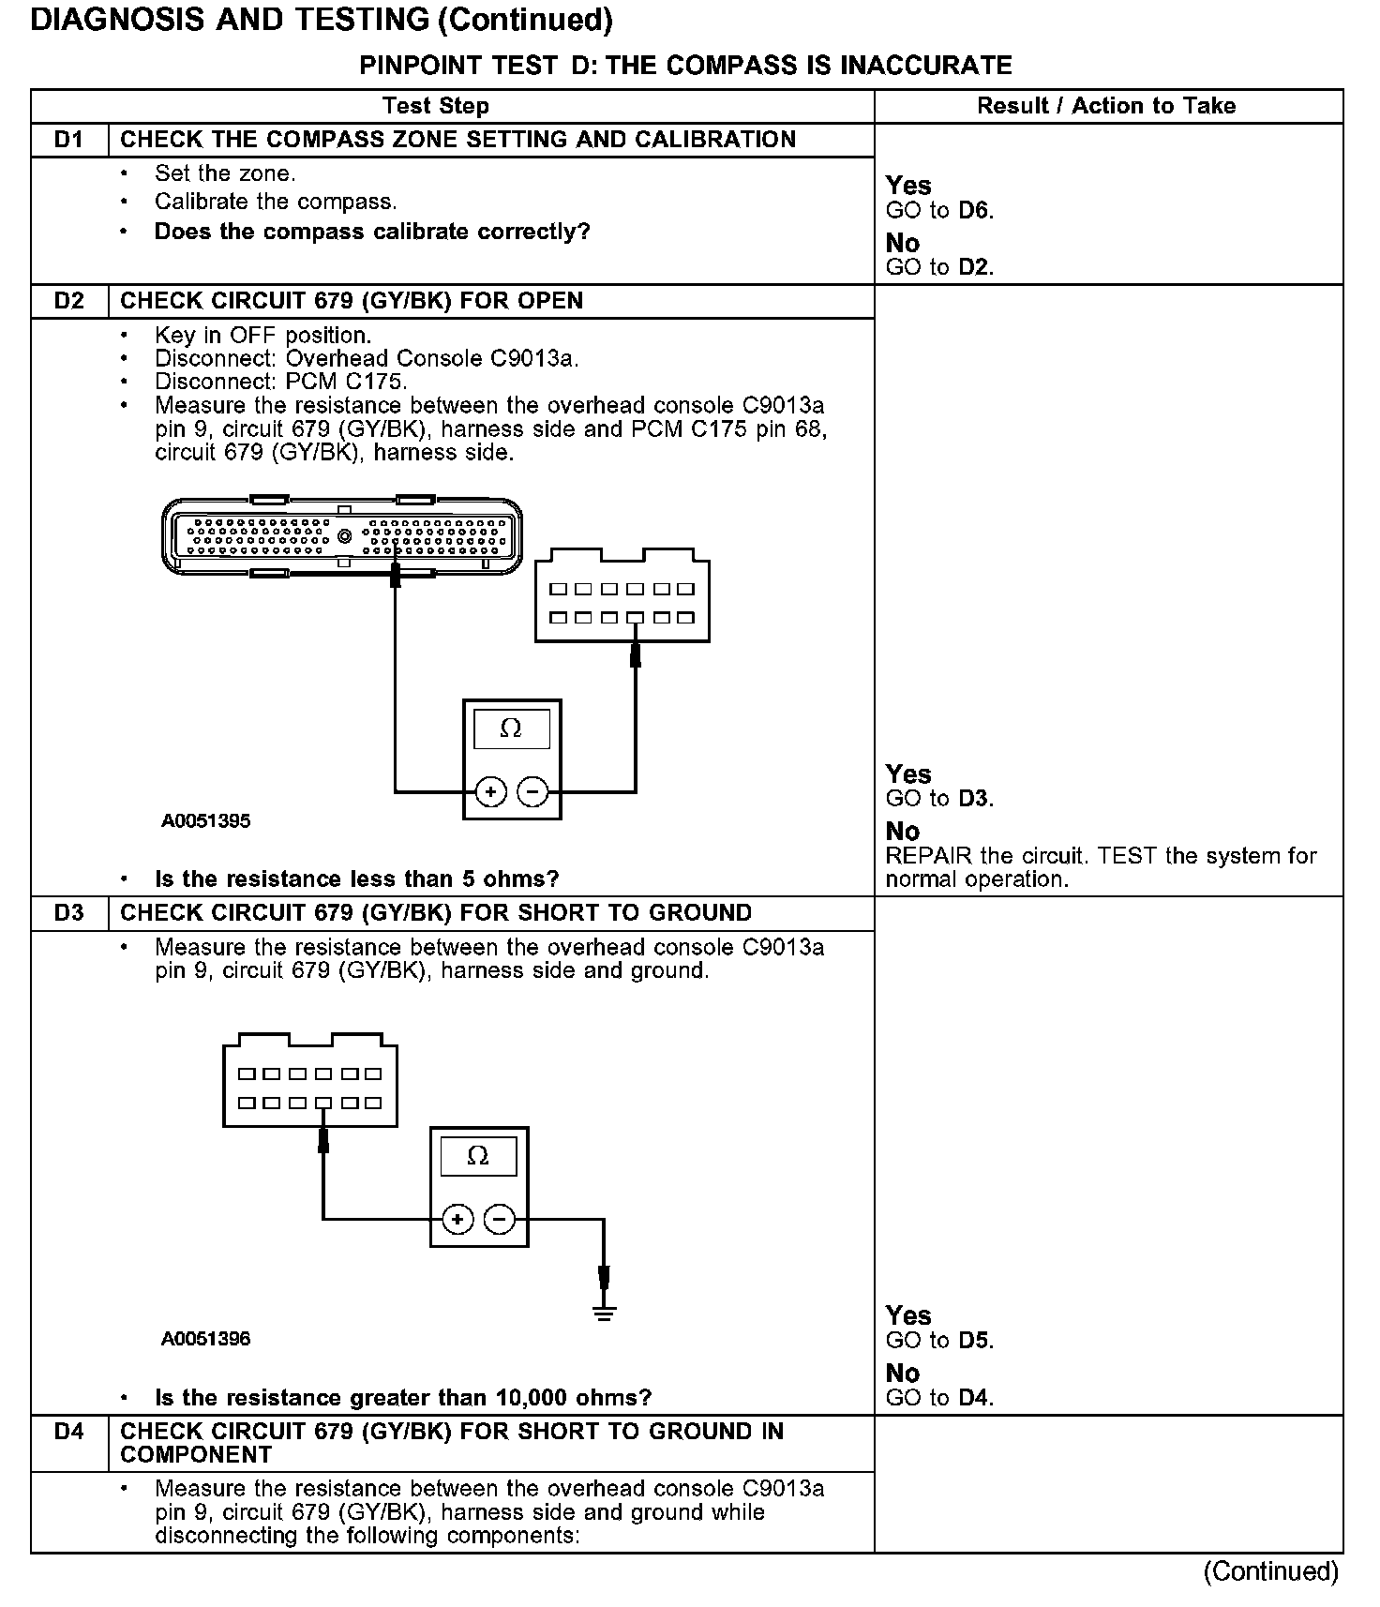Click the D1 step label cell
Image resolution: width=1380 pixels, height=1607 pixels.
click(x=68, y=140)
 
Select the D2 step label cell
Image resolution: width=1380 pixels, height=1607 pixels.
click(x=68, y=301)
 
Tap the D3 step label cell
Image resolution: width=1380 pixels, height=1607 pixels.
click(x=68, y=913)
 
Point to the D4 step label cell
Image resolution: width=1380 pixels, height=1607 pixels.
click(x=68, y=1432)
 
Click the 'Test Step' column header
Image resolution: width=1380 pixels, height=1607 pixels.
click(x=436, y=106)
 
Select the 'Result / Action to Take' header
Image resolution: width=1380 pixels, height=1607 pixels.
click(x=1106, y=106)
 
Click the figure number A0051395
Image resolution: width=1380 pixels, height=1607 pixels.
click(x=206, y=821)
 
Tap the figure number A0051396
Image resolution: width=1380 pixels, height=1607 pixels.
click(x=206, y=1339)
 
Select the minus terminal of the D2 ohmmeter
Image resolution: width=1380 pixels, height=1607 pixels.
click(x=532, y=792)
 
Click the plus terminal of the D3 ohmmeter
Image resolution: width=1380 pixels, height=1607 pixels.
click(x=457, y=1219)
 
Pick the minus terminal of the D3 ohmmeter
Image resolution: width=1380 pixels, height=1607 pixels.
click(x=500, y=1219)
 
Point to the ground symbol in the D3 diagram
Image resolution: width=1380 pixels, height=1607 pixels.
click(x=604, y=1314)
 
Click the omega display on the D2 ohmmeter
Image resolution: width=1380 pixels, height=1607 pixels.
click(x=511, y=728)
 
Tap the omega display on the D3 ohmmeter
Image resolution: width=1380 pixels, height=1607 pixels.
click(x=478, y=1155)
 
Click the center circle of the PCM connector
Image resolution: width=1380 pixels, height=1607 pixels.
click(x=344, y=536)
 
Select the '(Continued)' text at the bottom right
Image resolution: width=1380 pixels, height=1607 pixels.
click(x=1271, y=1571)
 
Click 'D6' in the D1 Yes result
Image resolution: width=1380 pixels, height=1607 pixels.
click(x=975, y=211)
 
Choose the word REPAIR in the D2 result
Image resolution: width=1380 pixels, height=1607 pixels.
click(x=929, y=856)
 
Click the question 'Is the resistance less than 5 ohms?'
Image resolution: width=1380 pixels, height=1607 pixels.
click(x=356, y=879)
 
